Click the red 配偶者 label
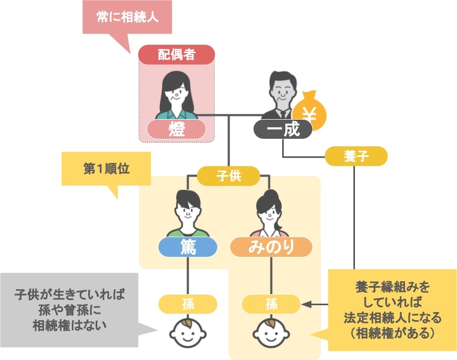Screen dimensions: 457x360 click(176, 55)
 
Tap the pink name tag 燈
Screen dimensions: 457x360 click(176, 129)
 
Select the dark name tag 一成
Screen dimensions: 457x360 click(283, 129)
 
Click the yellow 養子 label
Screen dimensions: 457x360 click(356, 156)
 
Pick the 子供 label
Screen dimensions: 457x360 click(228, 176)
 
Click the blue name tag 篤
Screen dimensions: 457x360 click(188, 247)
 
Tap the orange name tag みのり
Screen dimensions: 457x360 click(271, 247)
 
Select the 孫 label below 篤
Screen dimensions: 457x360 click(188, 304)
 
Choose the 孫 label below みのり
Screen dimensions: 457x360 click(271, 304)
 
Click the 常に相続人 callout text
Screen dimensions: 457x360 click(128, 17)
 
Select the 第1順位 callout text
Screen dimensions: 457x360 click(106, 169)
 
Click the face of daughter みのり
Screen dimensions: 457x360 click(270, 214)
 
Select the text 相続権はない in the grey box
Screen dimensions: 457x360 click(70, 325)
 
